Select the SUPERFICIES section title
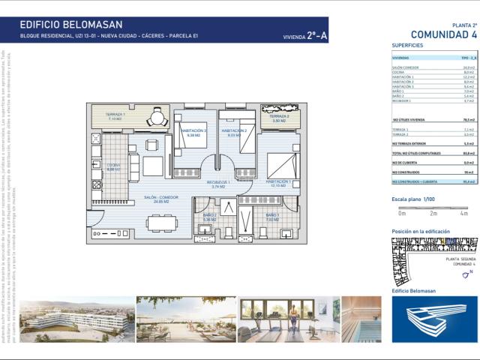pyautogui.click(x=407, y=46)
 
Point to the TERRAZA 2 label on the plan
pyautogui.click(x=279, y=116)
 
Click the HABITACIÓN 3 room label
pyautogui.click(x=193, y=130)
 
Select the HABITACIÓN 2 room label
pyautogui.click(x=234, y=130)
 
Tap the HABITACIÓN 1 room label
pyautogui.click(x=277, y=181)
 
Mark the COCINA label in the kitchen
pyautogui.click(x=113, y=166)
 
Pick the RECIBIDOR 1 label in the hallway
pyautogui.click(x=219, y=182)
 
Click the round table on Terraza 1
pyautogui.click(x=157, y=117)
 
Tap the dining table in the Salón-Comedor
pyautogui.click(x=157, y=223)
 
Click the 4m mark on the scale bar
pyautogui.click(x=463, y=214)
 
